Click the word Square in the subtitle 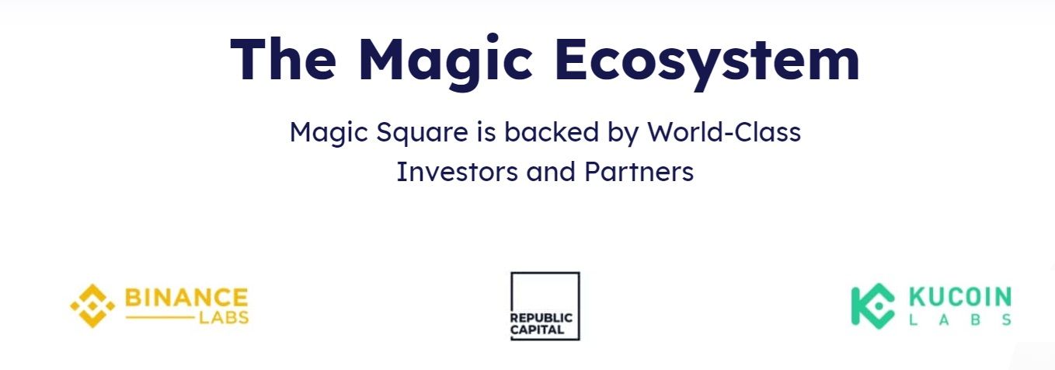pos(422,132)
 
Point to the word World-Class pos(724,131)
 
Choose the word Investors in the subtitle pos(457,172)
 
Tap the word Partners pos(639,172)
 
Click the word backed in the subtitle pos(552,131)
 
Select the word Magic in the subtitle pos(329,132)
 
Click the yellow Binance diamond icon pos(92,305)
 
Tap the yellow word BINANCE pos(186,298)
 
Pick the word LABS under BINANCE pos(224,318)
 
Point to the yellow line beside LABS pos(160,318)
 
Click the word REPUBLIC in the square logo pos(541,318)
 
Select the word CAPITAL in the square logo pos(537,330)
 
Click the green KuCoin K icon pos(872,306)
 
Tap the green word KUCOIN pos(960,297)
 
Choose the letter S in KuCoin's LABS pos(1007,320)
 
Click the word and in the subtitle pos(551,172)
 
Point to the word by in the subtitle pos(623,132)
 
